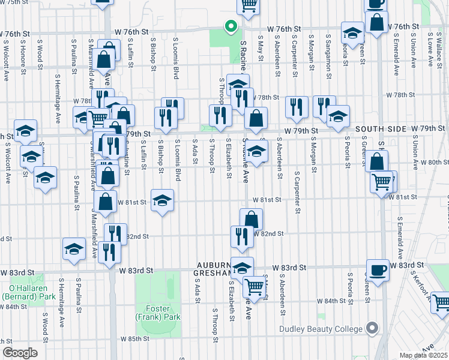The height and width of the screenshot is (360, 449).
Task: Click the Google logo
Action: [20, 353]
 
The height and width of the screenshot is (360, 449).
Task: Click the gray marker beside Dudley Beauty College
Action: [373, 328]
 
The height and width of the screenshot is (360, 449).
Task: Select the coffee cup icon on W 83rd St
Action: [378, 271]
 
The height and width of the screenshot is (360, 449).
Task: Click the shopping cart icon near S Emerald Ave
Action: [382, 182]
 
